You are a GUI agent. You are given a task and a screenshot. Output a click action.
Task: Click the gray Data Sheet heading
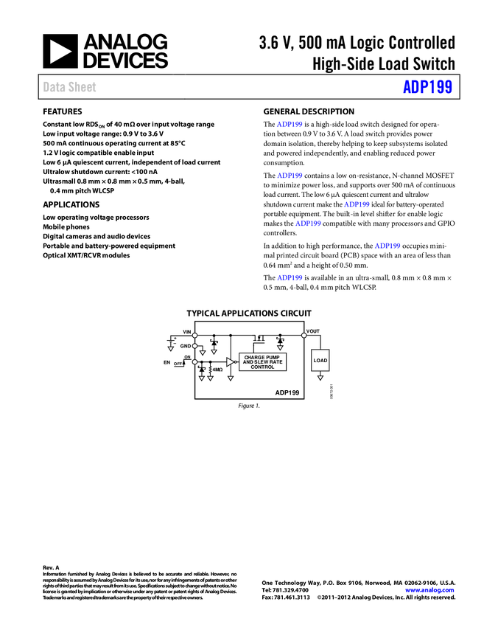pyautogui.click(x=70, y=87)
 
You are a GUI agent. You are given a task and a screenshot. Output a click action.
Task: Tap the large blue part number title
pyautogui.click(x=427, y=87)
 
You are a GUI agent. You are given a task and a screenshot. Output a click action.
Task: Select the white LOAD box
pyautogui.click(x=320, y=361)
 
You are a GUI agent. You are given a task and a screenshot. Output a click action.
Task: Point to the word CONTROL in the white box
pyautogui.click(x=262, y=367)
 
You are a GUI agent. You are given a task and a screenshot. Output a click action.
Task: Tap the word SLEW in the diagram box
pyautogui.click(x=262, y=362)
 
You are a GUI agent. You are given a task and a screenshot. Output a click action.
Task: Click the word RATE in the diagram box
pyautogui.click(x=276, y=362)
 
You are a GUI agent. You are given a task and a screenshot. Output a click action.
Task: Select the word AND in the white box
pyautogui.click(x=248, y=362)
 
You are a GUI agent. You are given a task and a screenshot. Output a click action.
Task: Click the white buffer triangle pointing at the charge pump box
pyautogui.click(x=230, y=361)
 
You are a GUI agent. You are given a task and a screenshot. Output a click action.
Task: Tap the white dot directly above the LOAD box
pyautogui.click(x=304, y=336)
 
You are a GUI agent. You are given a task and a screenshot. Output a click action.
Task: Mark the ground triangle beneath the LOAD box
pyautogui.click(x=320, y=378)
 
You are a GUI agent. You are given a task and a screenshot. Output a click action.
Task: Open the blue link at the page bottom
pyautogui.click(x=429, y=590)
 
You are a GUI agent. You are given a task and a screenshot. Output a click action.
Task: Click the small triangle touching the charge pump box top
pyautogui.click(x=280, y=347)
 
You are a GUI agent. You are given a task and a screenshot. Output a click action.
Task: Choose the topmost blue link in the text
pyautogui.click(x=290, y=124)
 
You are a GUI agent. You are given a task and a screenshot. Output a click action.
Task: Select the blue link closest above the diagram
pyautogui.click(x=290, y=277)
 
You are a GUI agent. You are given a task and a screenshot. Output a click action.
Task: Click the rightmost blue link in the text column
pyautogui.click(x=387, y=246)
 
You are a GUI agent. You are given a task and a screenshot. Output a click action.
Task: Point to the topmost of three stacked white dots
pyautogui.click(x=194, y=336)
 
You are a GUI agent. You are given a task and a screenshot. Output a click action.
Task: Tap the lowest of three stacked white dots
pyautogui.click(x=194, y=362)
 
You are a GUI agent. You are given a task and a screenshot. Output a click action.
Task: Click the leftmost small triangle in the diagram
pyautogui.click(x=170, y=348)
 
